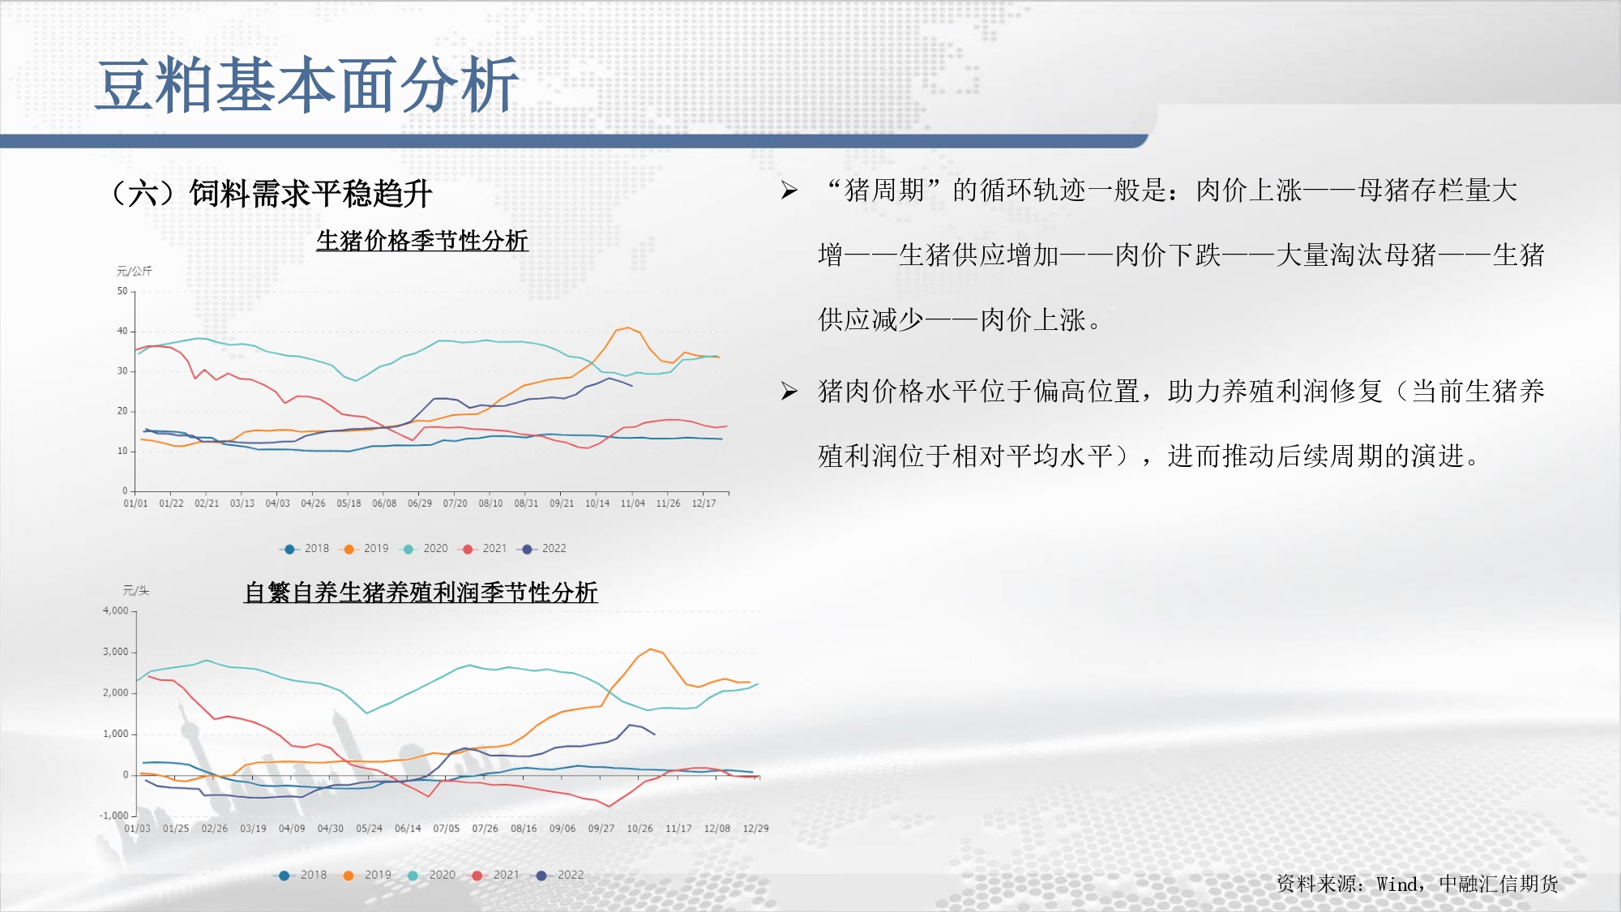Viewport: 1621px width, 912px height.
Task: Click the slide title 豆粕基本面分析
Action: click(307, 85)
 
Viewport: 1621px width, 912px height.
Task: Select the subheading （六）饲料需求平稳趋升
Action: click(272, 194)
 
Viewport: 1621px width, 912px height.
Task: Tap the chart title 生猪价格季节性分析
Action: click(422, 241)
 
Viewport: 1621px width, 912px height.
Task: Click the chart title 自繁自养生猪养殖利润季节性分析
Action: click(421, 593)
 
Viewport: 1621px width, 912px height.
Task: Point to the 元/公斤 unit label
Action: click(134, 271)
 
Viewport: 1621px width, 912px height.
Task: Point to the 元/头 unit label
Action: click(135, 590)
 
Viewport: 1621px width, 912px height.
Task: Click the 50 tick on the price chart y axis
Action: click(122, 291)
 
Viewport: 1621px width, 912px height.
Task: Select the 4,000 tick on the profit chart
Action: click(115, 610)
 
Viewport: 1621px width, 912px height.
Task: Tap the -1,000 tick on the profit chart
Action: click(114, 816)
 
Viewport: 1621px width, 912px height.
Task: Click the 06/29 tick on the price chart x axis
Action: click(420, 503)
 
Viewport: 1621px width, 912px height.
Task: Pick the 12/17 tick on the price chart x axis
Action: click(704, 503)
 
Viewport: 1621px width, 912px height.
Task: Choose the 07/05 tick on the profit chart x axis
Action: click(447, 829)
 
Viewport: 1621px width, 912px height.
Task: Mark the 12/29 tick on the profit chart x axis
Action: click(756, 829)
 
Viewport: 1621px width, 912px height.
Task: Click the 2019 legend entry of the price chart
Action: click(365, 549)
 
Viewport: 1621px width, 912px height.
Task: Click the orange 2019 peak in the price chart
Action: click(628, 328)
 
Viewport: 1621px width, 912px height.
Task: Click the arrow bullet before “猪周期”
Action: click(789, 191)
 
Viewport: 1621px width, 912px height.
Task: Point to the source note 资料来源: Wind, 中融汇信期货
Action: click(1417, 884)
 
